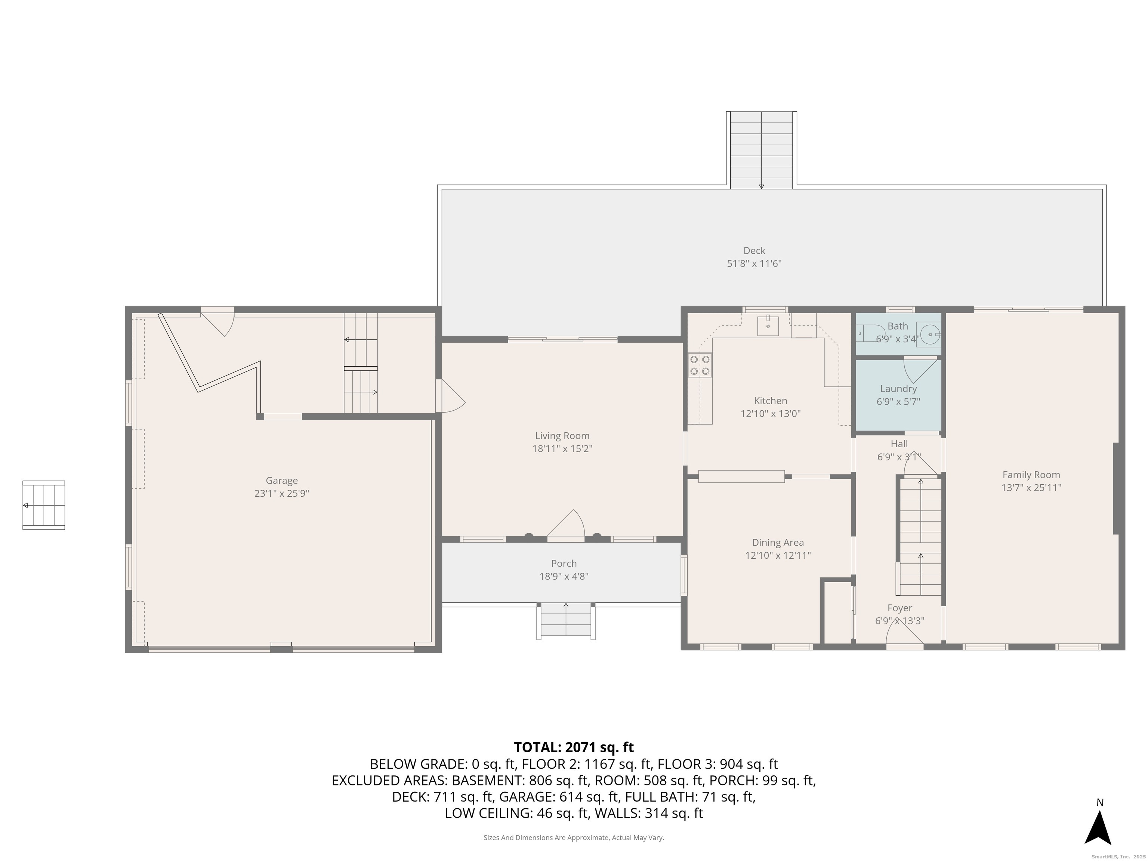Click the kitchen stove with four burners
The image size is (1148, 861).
point(700,365)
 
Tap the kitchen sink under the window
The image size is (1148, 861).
point(768,326)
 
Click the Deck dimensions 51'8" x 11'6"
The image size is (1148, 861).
point(754,264)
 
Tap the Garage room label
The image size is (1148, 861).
point(282,481)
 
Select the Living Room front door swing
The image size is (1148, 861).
point(567,525)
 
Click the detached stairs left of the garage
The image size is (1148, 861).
point(44,505)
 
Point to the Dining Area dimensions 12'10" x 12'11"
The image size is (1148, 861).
point(777,555)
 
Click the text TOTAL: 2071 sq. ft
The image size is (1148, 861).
point(574,747)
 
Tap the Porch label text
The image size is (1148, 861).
point(564,563)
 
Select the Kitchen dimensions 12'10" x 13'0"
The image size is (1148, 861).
point(770,414)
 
